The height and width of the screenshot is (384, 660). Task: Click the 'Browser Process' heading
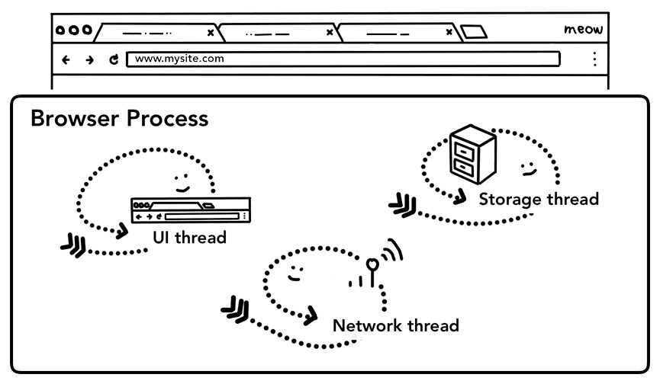click(119, 120)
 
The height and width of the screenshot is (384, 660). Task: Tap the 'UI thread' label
click(189, 237)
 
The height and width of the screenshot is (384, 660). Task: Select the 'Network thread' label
click(395, 326)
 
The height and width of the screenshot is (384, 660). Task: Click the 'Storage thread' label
click(538, 200)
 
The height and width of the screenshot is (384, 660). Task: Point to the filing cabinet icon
click(472, 156)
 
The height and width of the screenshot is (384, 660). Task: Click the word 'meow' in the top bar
click(584, 30)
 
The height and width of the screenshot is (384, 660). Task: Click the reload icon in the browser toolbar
click(114, 59)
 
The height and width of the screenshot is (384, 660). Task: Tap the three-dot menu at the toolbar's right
click(594, 59)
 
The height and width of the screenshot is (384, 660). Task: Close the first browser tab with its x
click(211, 33)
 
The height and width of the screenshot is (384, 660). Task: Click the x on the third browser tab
click(449, 33)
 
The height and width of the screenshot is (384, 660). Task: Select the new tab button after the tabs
click(474, 32)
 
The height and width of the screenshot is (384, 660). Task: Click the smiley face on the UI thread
click(182, 182)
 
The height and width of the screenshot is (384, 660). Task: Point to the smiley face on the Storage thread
click(526, 167)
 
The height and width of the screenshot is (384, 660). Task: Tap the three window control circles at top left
click(73, 31)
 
